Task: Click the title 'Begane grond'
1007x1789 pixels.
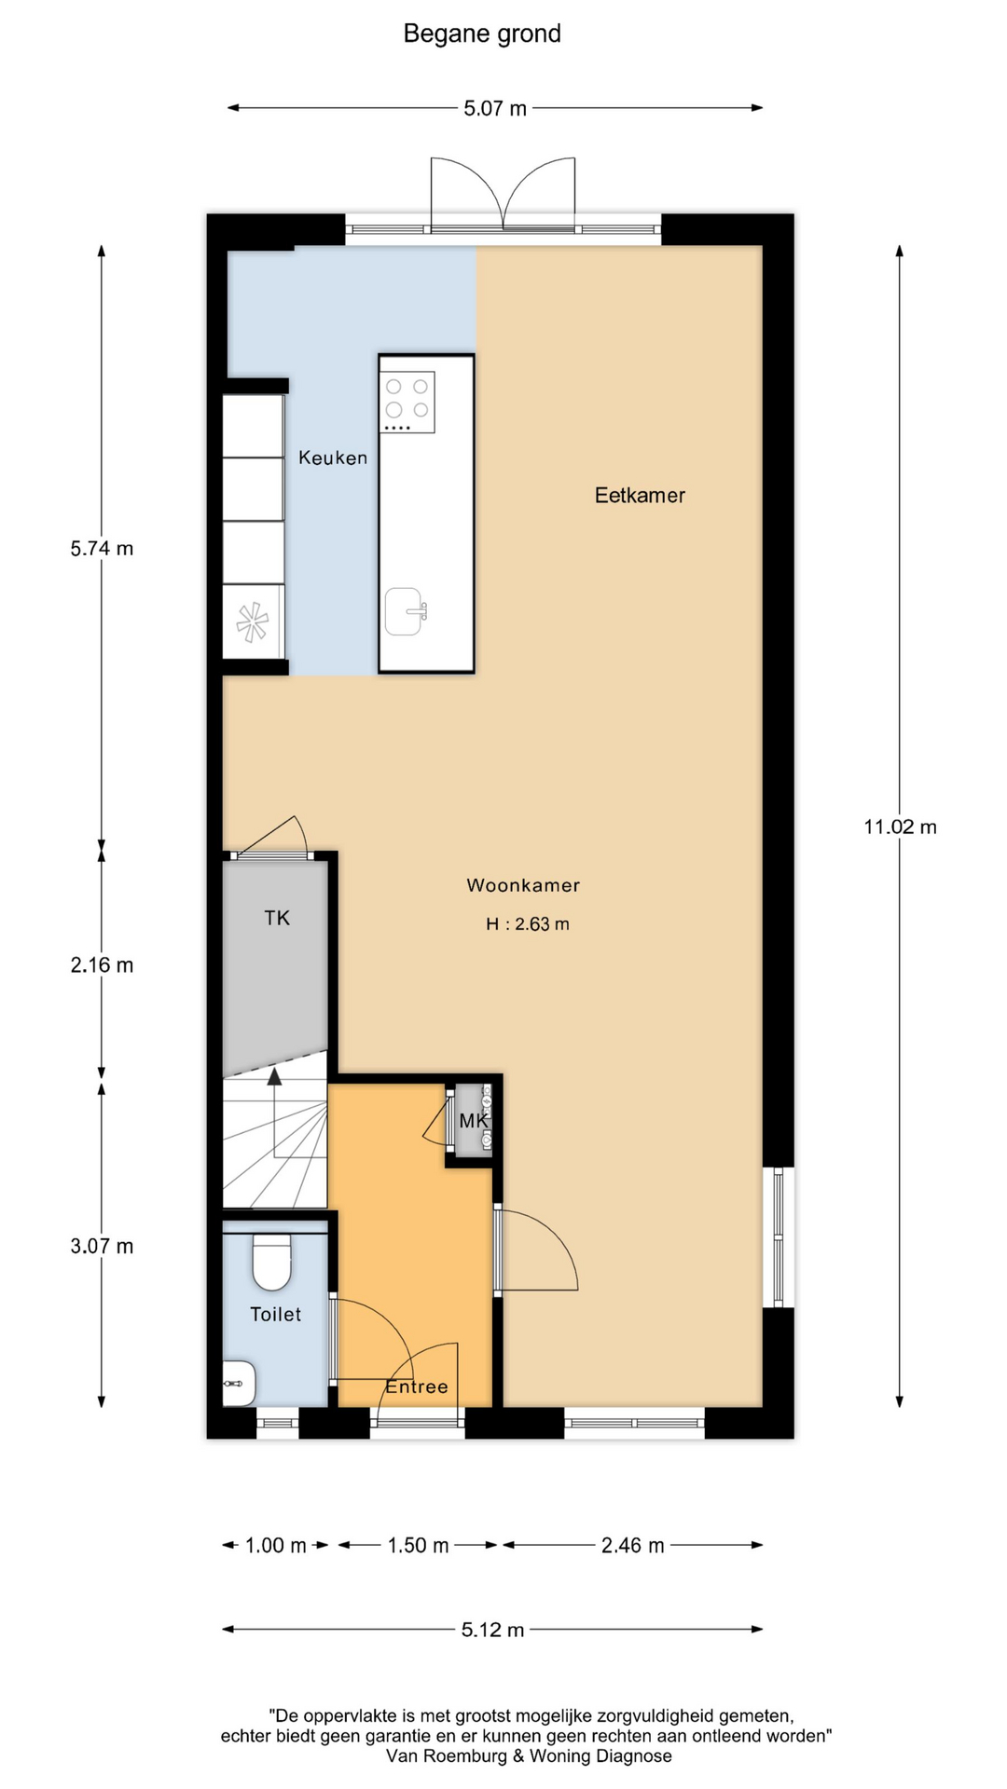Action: (x=482, y=34)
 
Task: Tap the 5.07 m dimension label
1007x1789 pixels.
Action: (x=495, y=109)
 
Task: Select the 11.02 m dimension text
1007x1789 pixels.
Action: (x=900, y=826)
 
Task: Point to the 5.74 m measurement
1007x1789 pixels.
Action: (x=102, y=549)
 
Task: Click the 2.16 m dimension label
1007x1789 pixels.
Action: (x=102, y=965)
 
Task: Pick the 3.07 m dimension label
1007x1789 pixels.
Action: (x=102, y=1246)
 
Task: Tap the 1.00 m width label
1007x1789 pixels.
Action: (x=276, y=1546)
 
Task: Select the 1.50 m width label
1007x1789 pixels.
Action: (x=419, y=1546)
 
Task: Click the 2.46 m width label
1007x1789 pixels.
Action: (x=633, y=1546)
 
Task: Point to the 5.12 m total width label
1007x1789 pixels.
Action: (x=493, y=1630)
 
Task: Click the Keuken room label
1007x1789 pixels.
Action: (x=333, y=457)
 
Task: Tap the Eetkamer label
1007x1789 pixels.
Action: (x=640, y=496)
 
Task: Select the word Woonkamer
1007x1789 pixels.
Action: (x=523, y=885)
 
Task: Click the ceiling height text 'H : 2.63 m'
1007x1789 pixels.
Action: (x=528, y=924)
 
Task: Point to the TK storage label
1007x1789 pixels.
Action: (x=277, y=918)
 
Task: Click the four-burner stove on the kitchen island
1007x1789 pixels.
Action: (x=407, y=402)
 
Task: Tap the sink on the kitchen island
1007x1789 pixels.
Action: (x=406, y=611)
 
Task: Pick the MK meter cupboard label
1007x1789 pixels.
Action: (x=474, y=1121)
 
